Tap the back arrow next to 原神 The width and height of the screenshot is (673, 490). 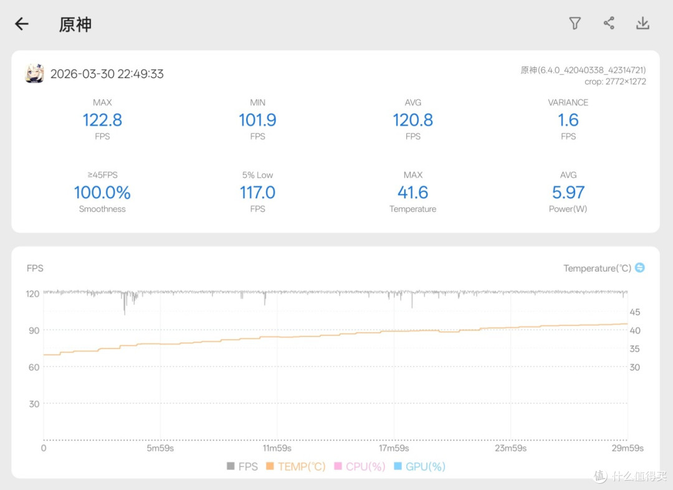pyautogui.click(x=21, y=24)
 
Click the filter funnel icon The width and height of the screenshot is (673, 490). pyautogui.click(x=575, y=23)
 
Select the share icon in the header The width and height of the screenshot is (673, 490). pyautogui.click(x=609, y=23)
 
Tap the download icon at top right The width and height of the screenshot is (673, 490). pyautogui.click(x=642, y=23)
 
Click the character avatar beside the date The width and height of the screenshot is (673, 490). pyautogui.click(x=34, y=74)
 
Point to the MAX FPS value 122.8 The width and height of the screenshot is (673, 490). pyautogui.click(x=102, y=120)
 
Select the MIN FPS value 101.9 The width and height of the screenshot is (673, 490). pyautogui.click(x=257, y=120)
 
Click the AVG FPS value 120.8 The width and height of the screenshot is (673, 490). pyautogui.click(x=413, y=120)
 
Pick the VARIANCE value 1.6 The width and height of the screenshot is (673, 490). pyautogui.click(x=568, y=120)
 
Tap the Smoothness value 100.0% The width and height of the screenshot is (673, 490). pyautogui.click(x=102, y=193)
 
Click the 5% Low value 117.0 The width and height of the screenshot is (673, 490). pyautogui.click(x=257, y=193)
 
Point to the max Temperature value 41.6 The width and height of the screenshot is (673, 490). pyautogui.click(x=413, y=193)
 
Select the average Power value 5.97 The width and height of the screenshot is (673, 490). pyautogui.click(x=568, y=193)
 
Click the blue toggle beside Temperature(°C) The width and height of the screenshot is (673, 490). pyautogui.click(x=639, y=267)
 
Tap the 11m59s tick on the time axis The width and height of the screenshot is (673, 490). pyautogui.click(x=277, y=448)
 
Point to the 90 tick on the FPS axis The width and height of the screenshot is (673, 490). pyautogui.click(x=34, y=330)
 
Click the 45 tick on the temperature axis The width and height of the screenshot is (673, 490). pyautogui.click(x=635, y=312)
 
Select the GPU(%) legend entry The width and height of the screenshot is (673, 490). pyautogui.click(x=420, y=466)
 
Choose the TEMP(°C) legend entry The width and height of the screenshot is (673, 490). pyautogui.click(x=296, y=466)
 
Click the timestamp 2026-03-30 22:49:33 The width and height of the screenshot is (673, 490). pyautogui.click(x=107, y=74)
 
